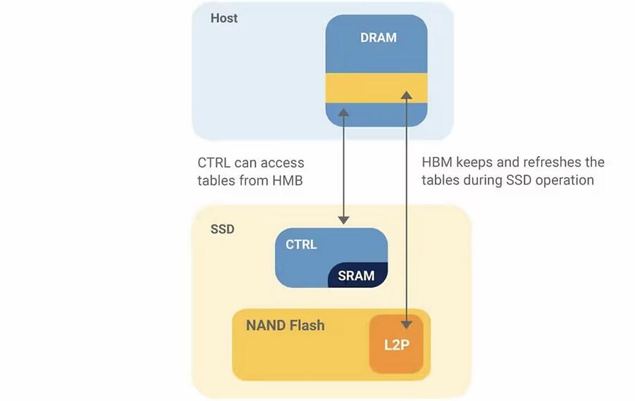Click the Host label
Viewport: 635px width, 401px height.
coord(224,18)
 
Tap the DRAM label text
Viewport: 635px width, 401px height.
coord(378,37)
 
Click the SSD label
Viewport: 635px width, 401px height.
coord(222,229)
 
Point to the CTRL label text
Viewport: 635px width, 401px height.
coord(301,245)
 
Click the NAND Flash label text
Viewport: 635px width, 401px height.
coord(285,326)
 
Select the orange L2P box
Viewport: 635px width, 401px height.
coord(397,345)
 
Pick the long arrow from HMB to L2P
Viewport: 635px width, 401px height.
coord(406,211)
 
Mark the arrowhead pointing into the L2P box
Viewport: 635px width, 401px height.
coord(406,324)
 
